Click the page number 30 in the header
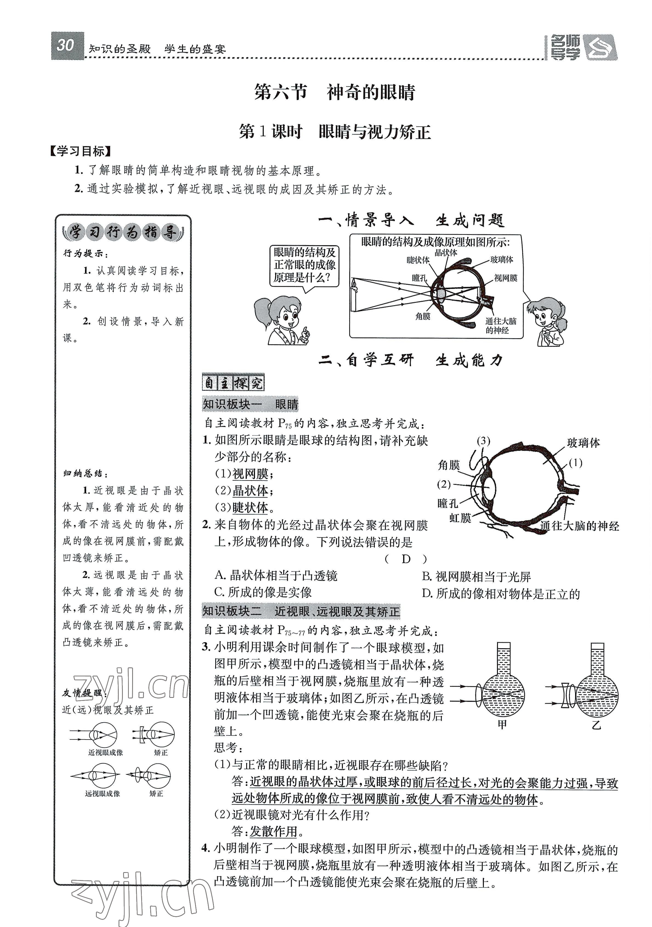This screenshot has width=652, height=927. (65, 46)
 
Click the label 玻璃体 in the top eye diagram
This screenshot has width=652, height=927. (501, 260)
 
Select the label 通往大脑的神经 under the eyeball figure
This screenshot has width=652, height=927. (579, 526)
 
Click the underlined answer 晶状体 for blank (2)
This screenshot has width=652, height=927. (250, 491)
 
